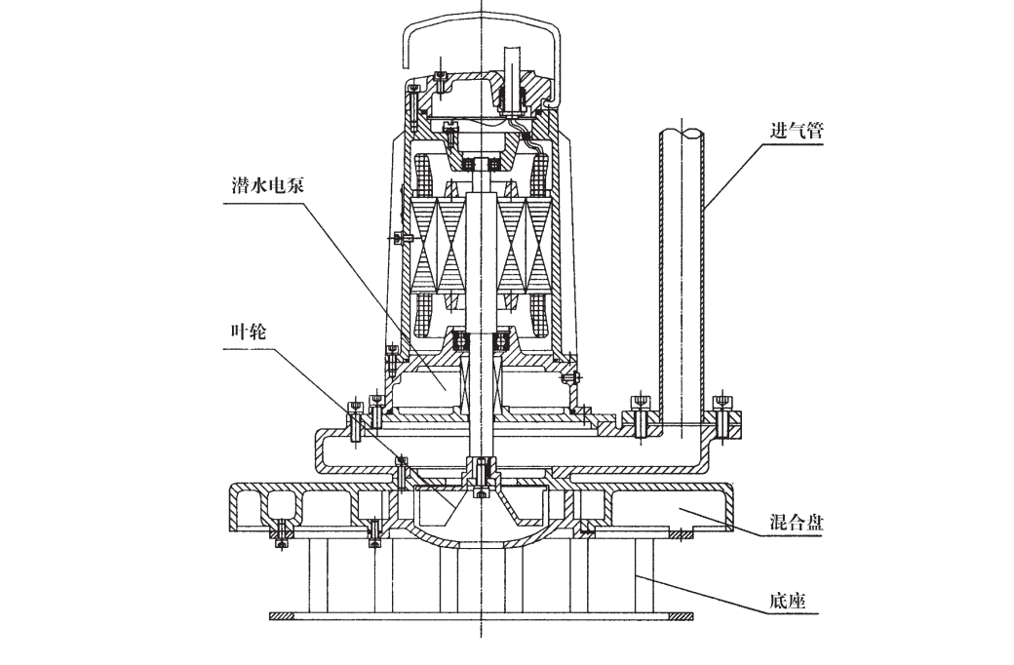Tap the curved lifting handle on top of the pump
tap(484, 29)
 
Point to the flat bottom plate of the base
tap(482, 615)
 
